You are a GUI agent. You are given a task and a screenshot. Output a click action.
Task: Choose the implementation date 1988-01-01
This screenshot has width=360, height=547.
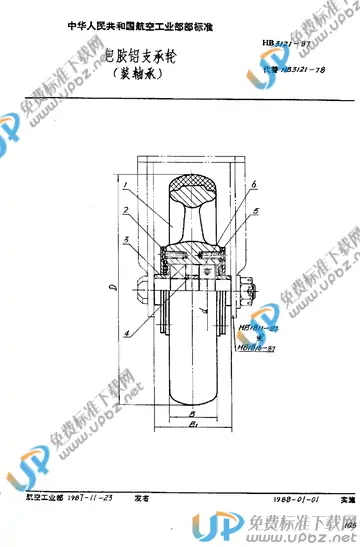point(271,506)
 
